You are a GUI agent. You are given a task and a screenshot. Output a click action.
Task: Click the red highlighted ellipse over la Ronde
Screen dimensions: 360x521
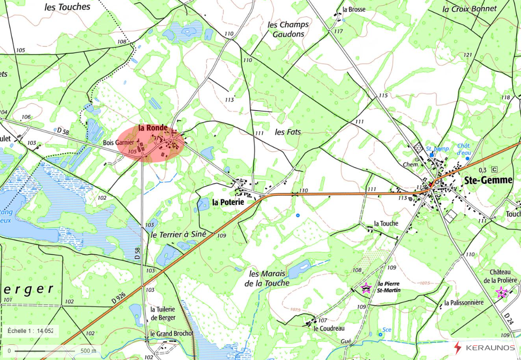(151, 144)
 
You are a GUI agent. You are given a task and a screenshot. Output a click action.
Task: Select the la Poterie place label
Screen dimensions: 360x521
(228, 202)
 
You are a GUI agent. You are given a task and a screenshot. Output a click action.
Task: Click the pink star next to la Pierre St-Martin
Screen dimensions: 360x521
(366, 288)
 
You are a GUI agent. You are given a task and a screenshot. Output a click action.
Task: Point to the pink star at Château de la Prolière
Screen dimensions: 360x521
(501, 292)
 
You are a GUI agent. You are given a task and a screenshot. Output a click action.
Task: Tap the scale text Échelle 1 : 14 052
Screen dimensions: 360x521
(30, 331)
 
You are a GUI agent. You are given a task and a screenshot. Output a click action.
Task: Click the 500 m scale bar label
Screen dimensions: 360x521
(88, 351)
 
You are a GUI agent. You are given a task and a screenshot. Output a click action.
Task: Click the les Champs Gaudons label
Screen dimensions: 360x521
(288, 29)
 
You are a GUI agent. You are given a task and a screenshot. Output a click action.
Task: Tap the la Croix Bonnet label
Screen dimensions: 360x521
(469, 9)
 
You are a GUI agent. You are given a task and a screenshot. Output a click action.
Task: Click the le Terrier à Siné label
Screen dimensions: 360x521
(178, 235)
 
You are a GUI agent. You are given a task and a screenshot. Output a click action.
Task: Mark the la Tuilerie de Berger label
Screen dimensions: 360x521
(163, 313)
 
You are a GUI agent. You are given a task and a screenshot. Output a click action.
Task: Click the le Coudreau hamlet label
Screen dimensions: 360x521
(329, 328)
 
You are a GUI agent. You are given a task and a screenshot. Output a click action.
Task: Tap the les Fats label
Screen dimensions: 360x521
(288, 132)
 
